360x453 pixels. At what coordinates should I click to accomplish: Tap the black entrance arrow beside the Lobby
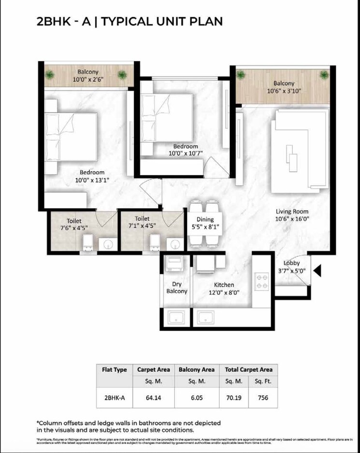(x=317, y=271)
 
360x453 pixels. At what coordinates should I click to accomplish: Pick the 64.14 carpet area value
(x=153, y=398)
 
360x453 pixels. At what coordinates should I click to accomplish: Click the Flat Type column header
(x=115, y=369)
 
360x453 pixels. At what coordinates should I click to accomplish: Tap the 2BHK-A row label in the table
(x=115, y=398)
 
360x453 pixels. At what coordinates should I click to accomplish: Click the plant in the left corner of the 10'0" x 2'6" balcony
(x=50, y=75)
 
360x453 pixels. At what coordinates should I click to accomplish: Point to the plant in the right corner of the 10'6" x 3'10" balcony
(x=324, y=75)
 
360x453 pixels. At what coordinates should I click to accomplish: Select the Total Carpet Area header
(x=248, y=369)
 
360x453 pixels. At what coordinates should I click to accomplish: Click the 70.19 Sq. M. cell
(x=234, y=398)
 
